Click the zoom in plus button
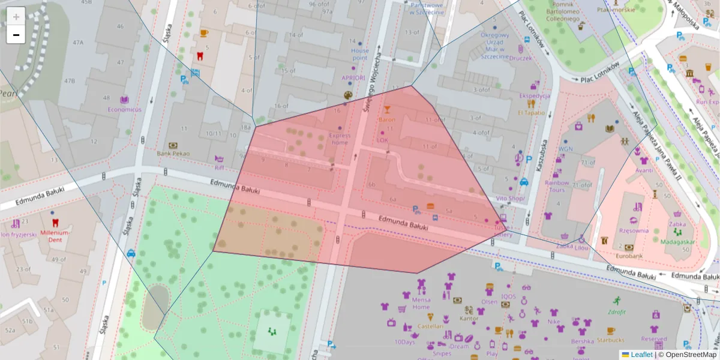[16, 16]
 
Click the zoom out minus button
[16, 35]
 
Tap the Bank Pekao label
[173, 154]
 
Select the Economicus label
[124, 110]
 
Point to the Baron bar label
[387, 119]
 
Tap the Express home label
[340, 139]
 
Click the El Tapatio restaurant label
[531, 112]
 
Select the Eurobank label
[629, 256]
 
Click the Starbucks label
[610, 340]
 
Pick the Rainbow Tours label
[557, 186]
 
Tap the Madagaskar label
[677, 242]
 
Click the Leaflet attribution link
[641, 355]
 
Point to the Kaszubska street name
[541, 156]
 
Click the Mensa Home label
[421, 303]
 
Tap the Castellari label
[430, 326]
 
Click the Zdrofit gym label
[616, 311]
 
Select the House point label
[360, 55]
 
